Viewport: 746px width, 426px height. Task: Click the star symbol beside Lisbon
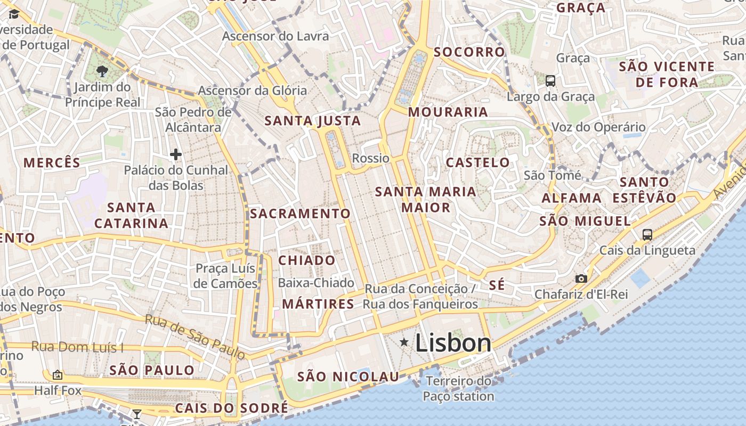click(404, 342)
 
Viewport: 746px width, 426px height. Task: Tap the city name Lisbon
click(453, 343)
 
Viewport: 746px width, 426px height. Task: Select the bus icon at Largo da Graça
click(550, 81)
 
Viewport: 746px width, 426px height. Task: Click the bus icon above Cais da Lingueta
click(647, 234)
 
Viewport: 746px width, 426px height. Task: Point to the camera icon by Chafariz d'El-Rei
click(581, 278)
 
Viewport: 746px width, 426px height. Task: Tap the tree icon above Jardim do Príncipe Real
click(102, 71)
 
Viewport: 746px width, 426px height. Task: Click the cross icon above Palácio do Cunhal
click(176, 154)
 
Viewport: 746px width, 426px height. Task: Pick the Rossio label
click(371, 158)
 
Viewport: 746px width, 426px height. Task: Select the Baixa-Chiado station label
click(316, 283)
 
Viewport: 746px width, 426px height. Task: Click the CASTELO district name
click(478, 162)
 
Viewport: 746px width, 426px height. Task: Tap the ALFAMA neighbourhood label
click(572, 198)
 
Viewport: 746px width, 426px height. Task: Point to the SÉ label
click(497, 285)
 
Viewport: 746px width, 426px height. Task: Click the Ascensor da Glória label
click(253, 91)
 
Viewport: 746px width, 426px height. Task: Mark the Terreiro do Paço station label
click(458, 389)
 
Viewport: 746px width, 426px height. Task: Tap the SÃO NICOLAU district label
click(348, 377)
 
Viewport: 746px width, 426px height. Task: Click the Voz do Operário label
click(598, 127)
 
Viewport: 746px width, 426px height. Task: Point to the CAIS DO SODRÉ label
click(231, 408)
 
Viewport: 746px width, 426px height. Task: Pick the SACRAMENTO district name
click(301, 214)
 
